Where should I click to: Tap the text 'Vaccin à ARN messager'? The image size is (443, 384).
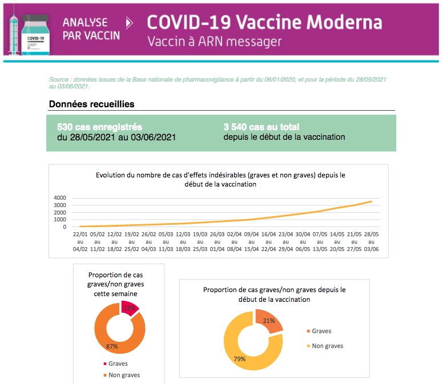[214, 42]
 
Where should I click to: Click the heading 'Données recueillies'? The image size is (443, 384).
[92, 104]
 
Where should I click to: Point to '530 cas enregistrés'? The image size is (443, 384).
[100, 127]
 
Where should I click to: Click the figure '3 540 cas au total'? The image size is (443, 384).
[261, 127]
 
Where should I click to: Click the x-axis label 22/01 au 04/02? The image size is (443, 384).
[80, 241]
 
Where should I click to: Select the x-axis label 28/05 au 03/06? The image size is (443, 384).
[372, 241]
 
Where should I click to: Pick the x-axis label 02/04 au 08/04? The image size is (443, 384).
[235, 241]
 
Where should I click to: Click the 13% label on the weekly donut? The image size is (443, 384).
[129, 308]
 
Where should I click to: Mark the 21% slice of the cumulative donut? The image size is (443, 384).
[268, 321]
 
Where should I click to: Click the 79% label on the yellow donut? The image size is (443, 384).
[239, 359]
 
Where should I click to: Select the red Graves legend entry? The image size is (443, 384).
[114, 363]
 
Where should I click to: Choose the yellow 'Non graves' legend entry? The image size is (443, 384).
[325, 346]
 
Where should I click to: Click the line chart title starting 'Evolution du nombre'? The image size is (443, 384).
[220, 180]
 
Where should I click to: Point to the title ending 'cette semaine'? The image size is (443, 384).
[119, 284]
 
